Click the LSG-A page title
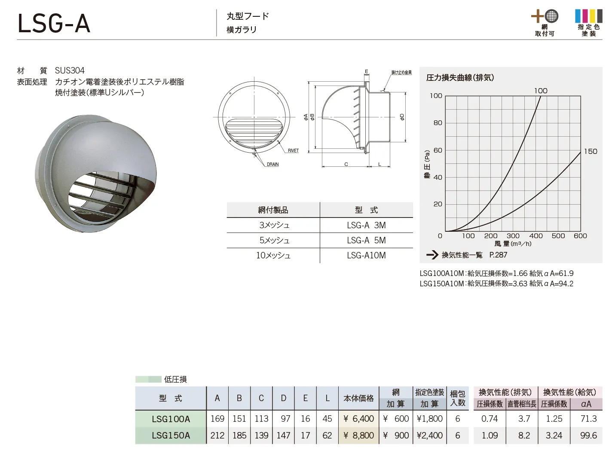coord(54,24)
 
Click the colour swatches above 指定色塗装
coord(589,16)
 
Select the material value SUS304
coord(70,71)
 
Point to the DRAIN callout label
coord(272,164)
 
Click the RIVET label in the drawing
coord(293,150)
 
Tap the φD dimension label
coord(402,117)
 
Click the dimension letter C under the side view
coord(346,164)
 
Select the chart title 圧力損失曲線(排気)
coord(460,78)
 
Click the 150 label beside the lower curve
coord(591,151)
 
